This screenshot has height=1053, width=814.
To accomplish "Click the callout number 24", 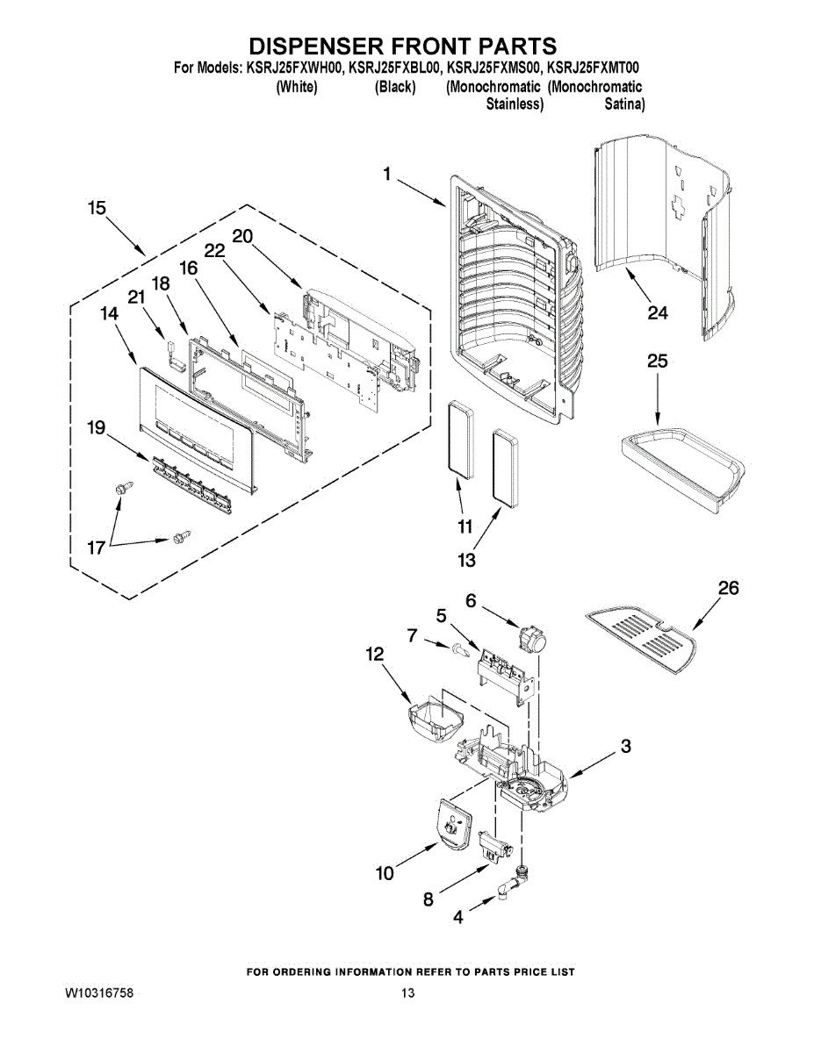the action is tap(658, 313).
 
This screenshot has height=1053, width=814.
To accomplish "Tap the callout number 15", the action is tap(97, 208).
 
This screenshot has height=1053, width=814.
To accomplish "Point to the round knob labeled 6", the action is tap(532, 638).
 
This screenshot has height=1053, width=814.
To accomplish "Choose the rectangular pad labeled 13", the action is tap(506, 469).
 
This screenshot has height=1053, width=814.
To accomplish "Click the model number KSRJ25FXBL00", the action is tap(393, 68).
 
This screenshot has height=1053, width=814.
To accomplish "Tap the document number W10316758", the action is tap(99, 993).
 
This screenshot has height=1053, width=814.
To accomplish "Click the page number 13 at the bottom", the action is tap(407, 993).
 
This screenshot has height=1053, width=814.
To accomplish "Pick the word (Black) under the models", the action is tap(395, 87).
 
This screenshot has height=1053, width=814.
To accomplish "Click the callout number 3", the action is tap(626, 746).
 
